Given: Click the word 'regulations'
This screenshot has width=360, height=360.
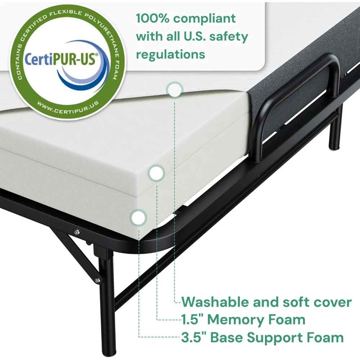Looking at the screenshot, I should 171,55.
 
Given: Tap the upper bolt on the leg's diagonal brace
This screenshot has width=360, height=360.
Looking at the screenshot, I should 76,232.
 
